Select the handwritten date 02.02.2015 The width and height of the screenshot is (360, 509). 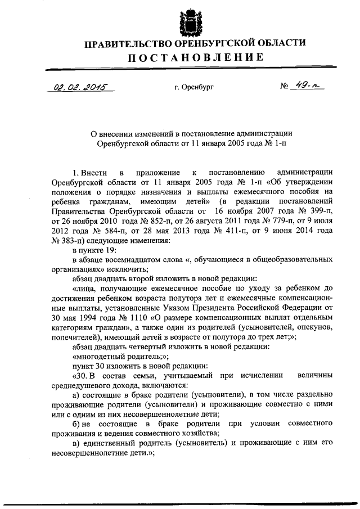coord(80,87)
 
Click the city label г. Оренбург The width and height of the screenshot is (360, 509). coord(193,88)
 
